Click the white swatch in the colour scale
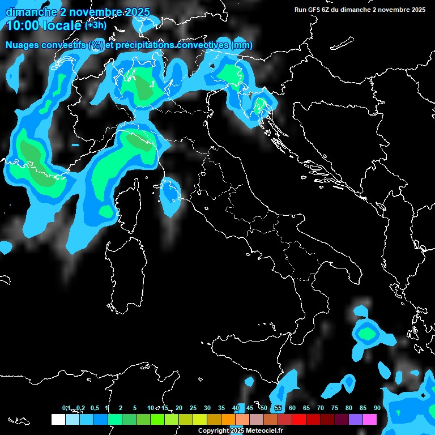[x=58, y=419]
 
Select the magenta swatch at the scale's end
[x=370, y=419]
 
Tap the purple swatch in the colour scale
[x=356, y=419]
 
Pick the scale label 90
[x=377, y=408]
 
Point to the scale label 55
[x=278, y=408]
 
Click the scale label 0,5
[x=95, y=408]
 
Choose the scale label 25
[x=193, y=408]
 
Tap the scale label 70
[x=321, y=408]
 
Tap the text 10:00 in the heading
[x=23, y=25]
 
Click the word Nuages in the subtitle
[x=22, y=45]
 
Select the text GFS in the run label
[x=315, y=10]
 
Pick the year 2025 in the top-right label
[x=417, y=10]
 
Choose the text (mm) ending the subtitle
[x=242, y=45]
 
